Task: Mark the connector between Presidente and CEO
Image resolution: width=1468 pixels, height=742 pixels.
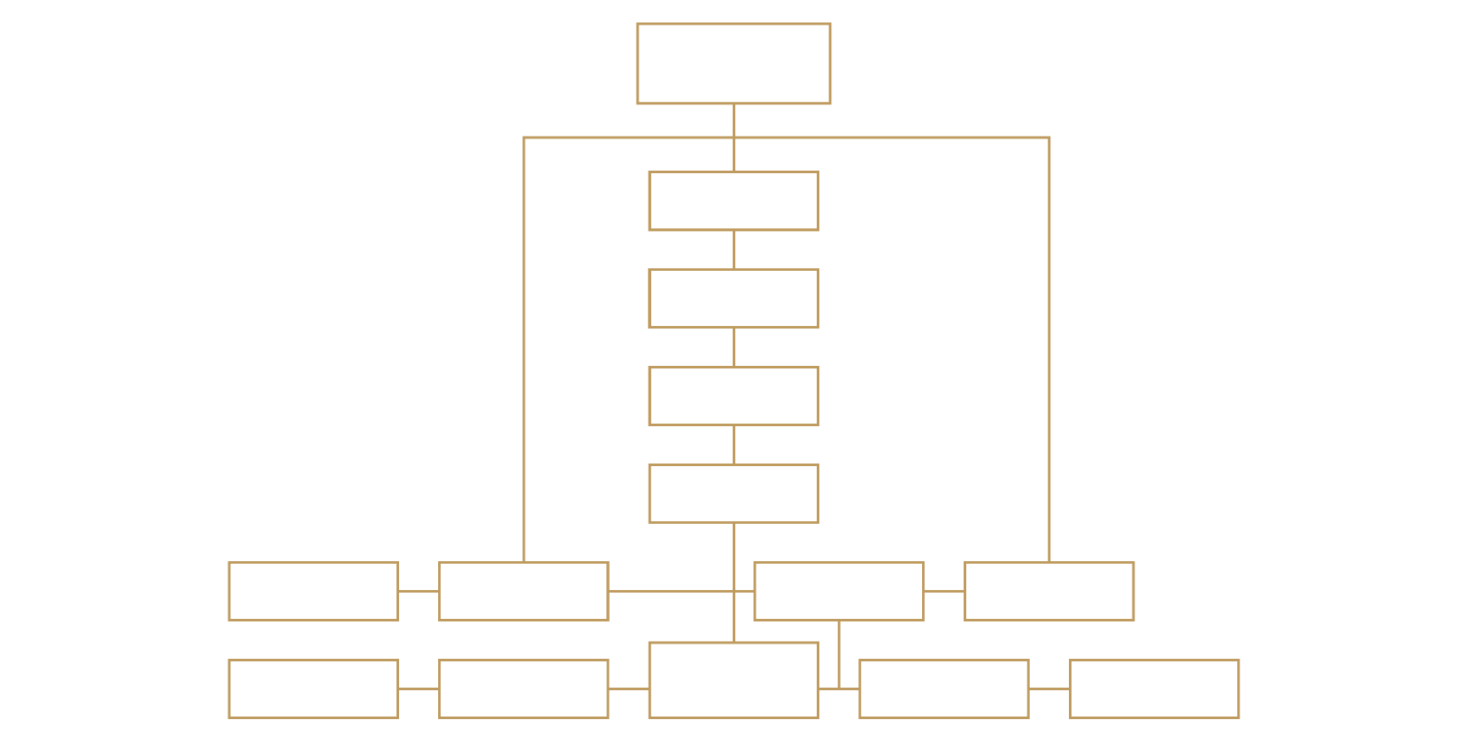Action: [x=734, y=250]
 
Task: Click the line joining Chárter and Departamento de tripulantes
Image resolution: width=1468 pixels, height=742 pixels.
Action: [x=419, y=689]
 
